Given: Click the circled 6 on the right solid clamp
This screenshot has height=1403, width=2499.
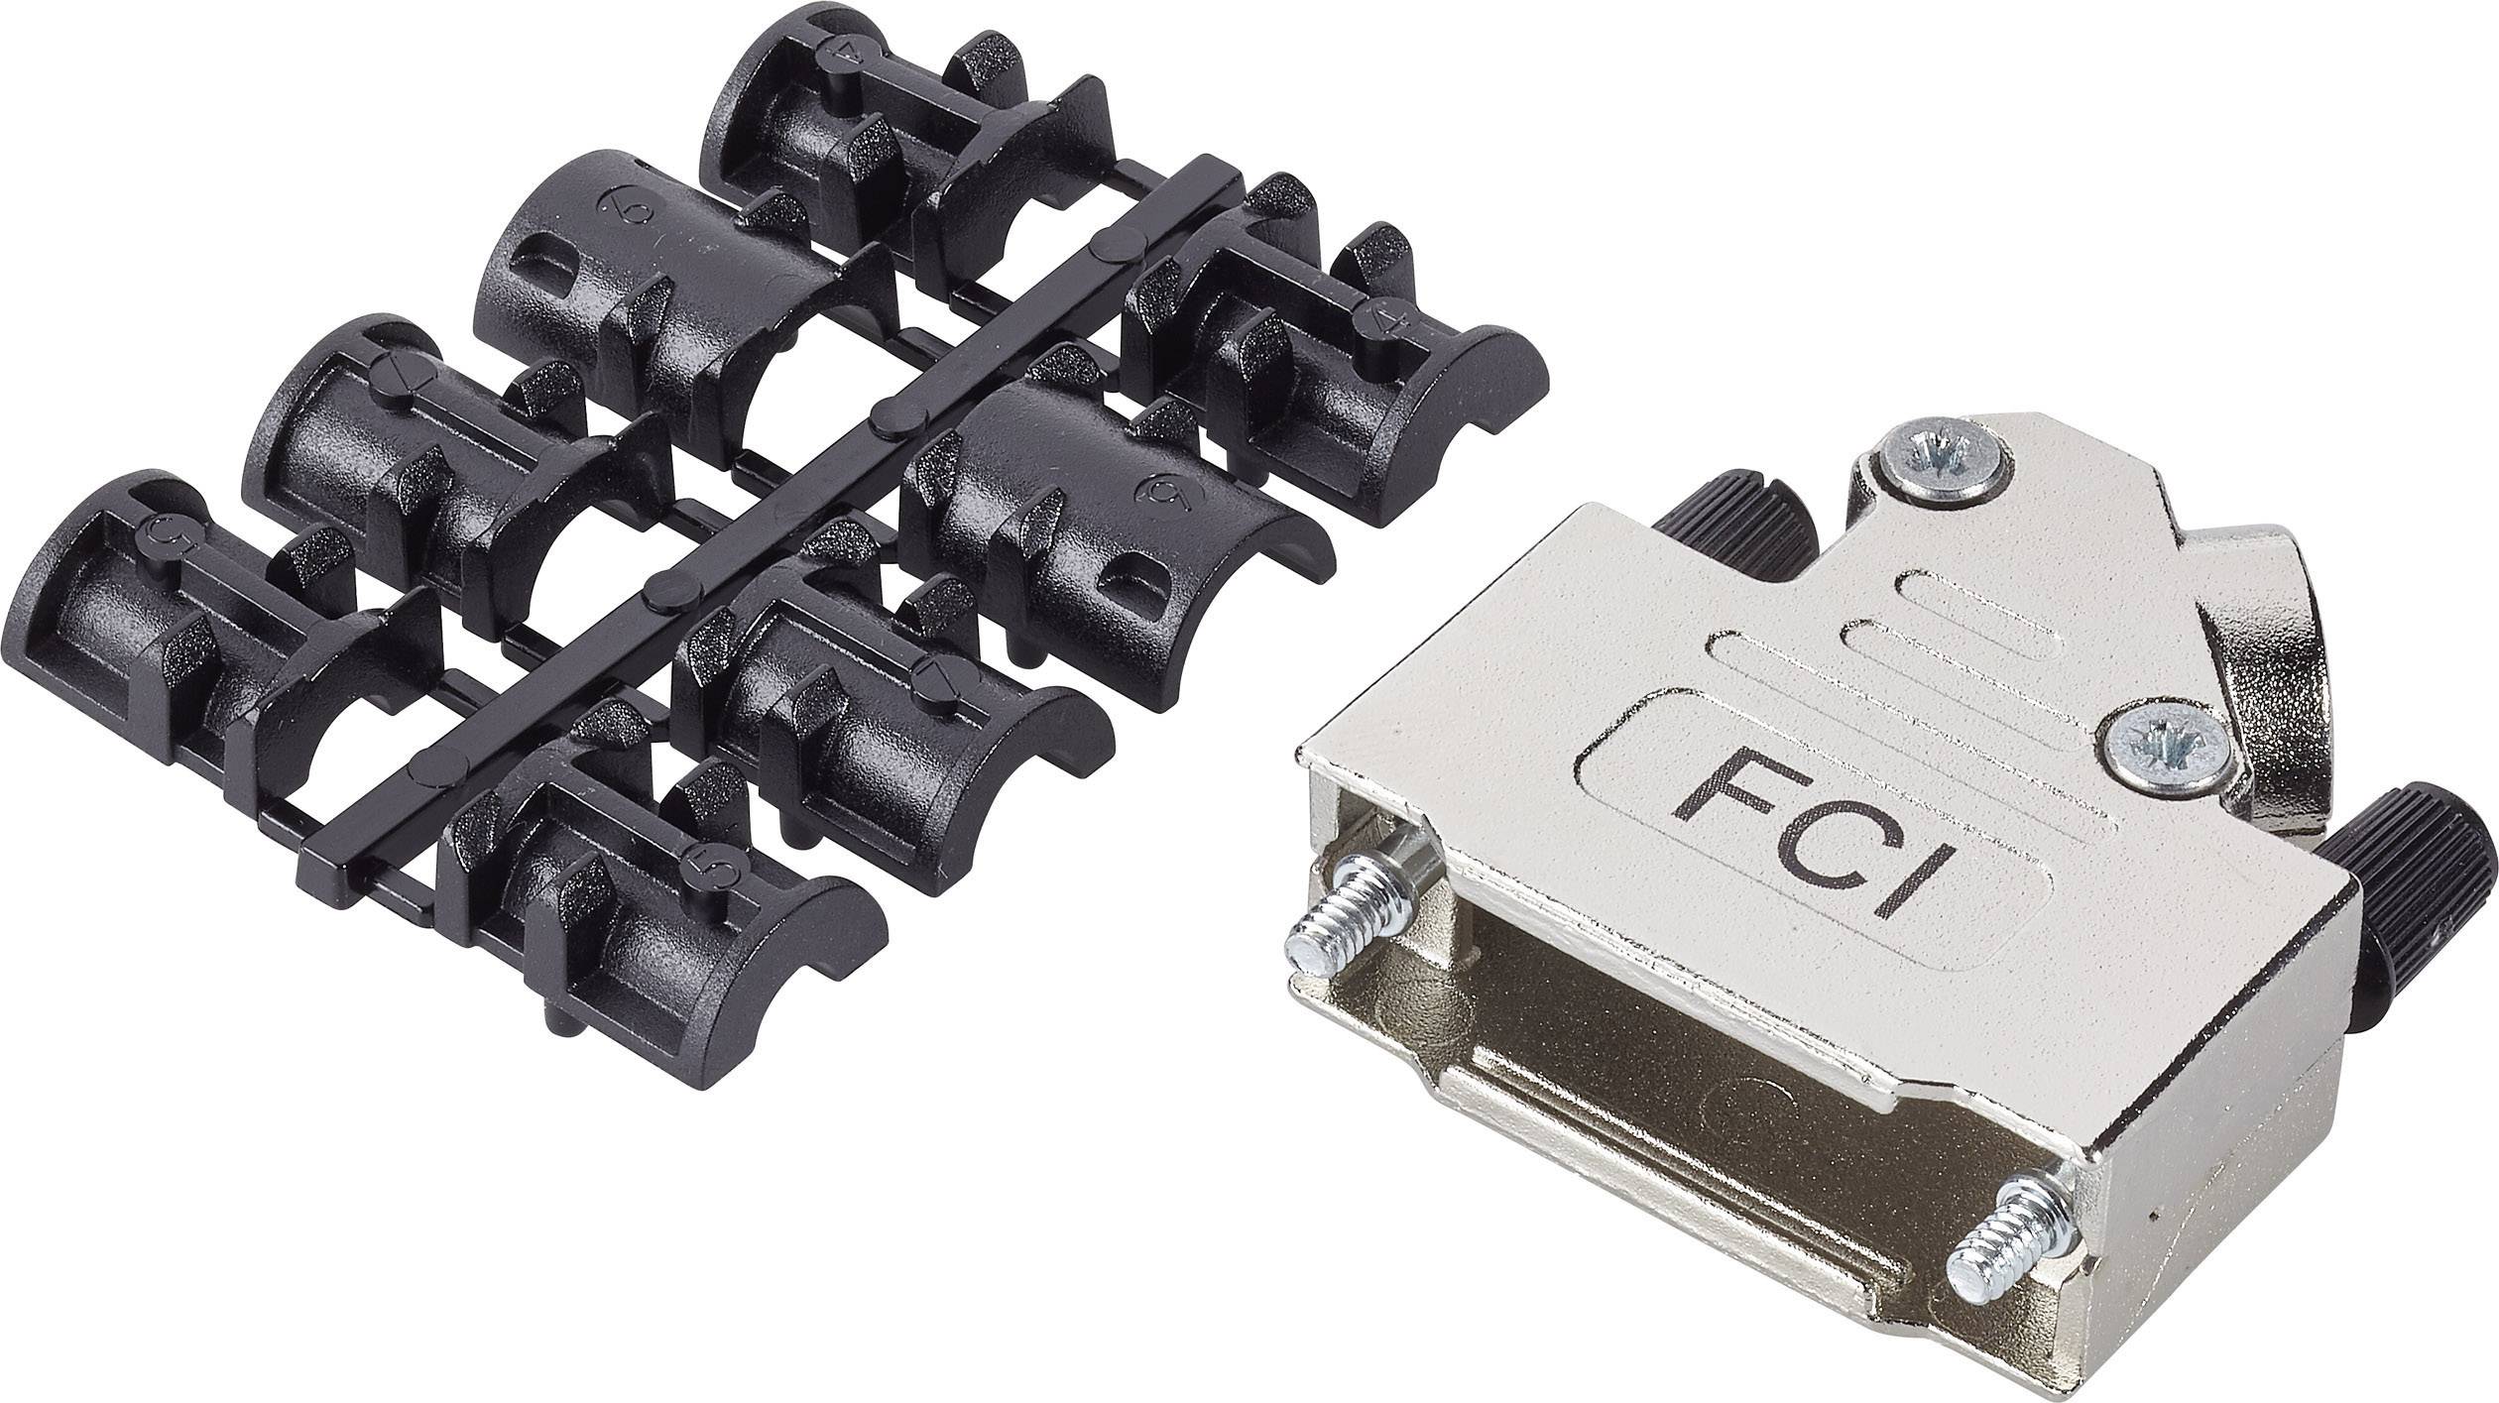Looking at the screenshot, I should (x=1157, y=488).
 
